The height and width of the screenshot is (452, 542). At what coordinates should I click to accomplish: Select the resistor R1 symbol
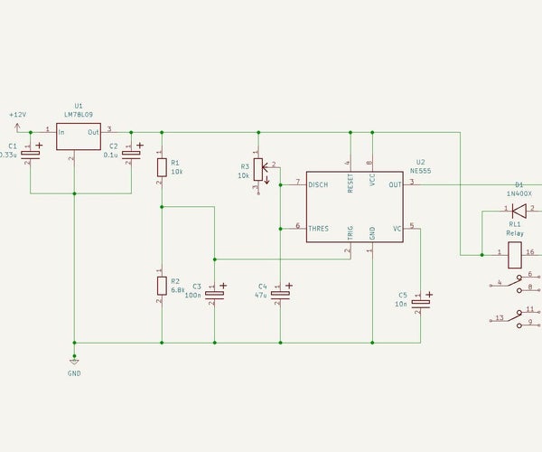(162, 167)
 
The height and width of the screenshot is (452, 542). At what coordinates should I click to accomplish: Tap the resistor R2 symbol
(162, 286)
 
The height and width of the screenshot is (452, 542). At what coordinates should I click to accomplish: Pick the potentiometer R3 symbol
(258, 168)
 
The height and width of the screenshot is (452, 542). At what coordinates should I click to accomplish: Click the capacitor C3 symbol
(214, 293)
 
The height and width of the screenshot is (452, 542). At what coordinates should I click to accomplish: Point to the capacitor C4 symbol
(281, 293)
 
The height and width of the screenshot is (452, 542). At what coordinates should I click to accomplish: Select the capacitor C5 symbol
(420, 302)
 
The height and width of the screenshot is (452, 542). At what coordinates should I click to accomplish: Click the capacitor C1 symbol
(31, 153)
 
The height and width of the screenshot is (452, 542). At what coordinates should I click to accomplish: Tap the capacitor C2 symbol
(132, 153)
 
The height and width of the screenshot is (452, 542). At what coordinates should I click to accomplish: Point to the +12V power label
(17, 115)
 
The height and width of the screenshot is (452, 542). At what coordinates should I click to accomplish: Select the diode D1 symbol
(519, 210)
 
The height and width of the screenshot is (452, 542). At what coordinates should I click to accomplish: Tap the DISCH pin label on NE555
(319, 184)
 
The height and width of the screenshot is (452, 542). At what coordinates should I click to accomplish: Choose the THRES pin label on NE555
(319, 228)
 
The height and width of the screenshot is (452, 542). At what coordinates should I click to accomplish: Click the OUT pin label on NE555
(395, 184)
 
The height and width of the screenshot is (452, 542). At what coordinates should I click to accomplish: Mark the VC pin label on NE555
(397, 228)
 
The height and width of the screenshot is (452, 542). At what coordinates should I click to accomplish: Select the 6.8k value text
(177, 289)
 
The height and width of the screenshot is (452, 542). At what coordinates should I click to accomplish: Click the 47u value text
(261, 295)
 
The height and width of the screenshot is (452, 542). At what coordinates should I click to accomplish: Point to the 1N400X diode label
(519, 193)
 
